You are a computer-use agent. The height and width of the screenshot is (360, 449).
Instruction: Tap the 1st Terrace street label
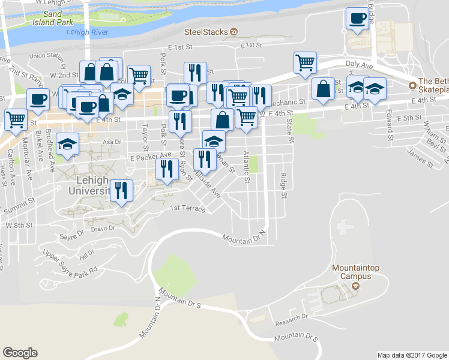tap(187, 209)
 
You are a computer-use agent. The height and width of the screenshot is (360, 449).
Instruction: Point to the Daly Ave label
tap(360, 64)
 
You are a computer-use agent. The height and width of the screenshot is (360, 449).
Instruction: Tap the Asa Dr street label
tap(112, 142)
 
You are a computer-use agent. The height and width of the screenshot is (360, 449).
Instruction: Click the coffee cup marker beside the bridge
tap(357, 19)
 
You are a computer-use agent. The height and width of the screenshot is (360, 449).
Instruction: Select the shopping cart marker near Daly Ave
tap(305, 62)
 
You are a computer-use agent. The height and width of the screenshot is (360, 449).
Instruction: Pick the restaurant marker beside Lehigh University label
tap(121, 190)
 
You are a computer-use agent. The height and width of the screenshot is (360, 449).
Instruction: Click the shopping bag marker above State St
tap(323, 88)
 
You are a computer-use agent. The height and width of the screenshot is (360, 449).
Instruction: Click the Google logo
tap(20, 353)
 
